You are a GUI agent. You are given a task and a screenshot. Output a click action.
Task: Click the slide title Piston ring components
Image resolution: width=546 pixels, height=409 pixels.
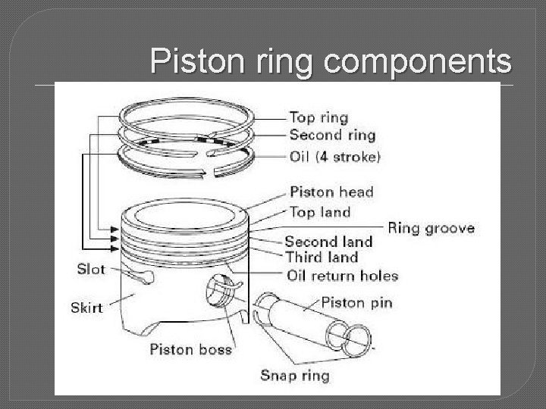(331, 61)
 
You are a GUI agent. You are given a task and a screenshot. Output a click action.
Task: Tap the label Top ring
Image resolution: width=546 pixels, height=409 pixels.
(318, 117)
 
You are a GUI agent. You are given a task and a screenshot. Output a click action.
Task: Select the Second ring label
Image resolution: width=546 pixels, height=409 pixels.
(332, 136)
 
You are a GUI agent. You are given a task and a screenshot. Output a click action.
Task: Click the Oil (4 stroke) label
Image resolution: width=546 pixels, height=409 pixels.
(335, 157)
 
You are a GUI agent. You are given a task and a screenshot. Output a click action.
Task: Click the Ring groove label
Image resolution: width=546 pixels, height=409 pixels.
(431, 227)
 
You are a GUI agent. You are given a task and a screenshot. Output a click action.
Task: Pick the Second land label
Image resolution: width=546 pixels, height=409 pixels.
(328, 242)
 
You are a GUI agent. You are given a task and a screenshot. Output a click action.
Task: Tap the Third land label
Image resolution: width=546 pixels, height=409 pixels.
(321, 258)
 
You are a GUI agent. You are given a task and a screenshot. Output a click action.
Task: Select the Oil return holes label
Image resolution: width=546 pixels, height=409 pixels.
(341, 275)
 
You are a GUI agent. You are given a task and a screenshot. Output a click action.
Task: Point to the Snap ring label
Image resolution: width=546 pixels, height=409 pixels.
(294, 374)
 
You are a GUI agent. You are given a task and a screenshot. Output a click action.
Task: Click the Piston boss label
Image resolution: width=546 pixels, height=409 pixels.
(190, 349)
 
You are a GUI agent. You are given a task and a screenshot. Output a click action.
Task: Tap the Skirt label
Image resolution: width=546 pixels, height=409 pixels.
(87, 308)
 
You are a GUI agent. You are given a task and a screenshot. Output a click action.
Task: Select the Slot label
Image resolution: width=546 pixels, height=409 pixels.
(92, 269)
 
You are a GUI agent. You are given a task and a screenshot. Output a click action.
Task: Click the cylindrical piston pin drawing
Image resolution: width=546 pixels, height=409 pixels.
(303, 318)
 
